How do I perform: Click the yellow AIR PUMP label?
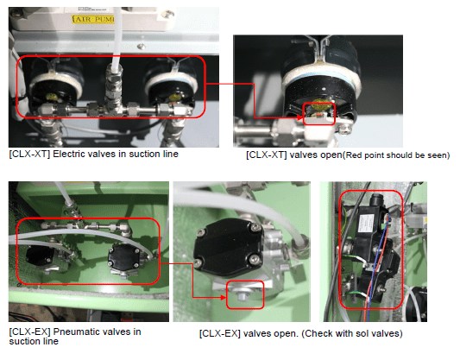(93, 19)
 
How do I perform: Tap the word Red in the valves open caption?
(354, 155)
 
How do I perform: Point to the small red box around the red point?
(318, 114)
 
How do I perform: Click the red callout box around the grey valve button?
(245, 295)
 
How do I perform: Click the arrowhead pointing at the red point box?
(299, 117)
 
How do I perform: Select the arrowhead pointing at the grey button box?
(224, 298)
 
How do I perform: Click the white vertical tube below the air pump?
(117, 36)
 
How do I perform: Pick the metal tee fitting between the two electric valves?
(114, 97)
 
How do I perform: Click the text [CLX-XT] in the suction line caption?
(29, 154)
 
